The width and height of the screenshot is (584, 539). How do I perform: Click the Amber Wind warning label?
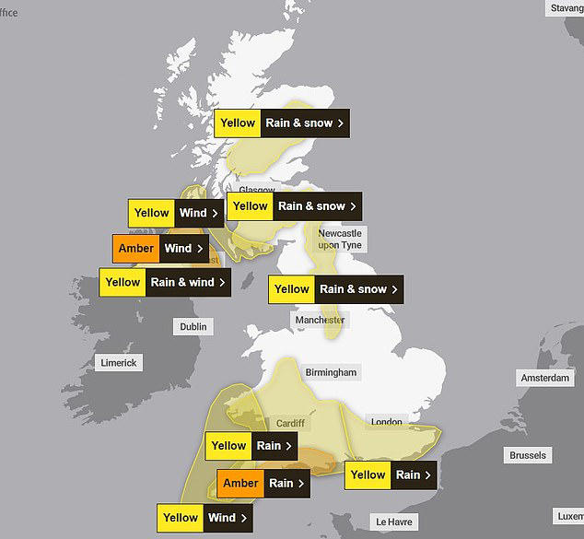coord(158,249)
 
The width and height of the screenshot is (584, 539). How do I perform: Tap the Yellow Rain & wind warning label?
coord(164,283)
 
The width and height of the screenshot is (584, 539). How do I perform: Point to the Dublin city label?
coord(193,326)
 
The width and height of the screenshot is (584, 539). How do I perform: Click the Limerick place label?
coord(118,363)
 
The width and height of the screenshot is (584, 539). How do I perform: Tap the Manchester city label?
coord(320,320)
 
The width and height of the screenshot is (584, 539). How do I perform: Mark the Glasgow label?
coord(257,191)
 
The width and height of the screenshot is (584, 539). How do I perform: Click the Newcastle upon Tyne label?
coord(341,240)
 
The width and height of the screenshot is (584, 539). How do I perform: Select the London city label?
coord(387,422)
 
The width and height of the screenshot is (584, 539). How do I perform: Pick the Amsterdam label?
coord(545,379)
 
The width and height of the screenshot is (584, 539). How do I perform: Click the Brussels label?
coord(528,455)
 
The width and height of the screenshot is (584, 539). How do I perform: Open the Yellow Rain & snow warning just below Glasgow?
coord(293,206)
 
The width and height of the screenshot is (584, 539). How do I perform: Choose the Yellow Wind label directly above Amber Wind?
coord(176,213)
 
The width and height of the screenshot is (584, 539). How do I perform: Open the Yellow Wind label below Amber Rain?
coord(204,518)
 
